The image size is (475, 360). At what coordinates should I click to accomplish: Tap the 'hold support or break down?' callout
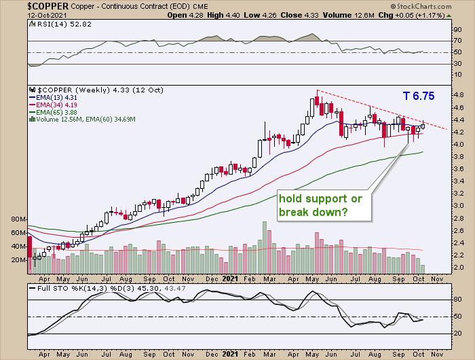tap(320, 206)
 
